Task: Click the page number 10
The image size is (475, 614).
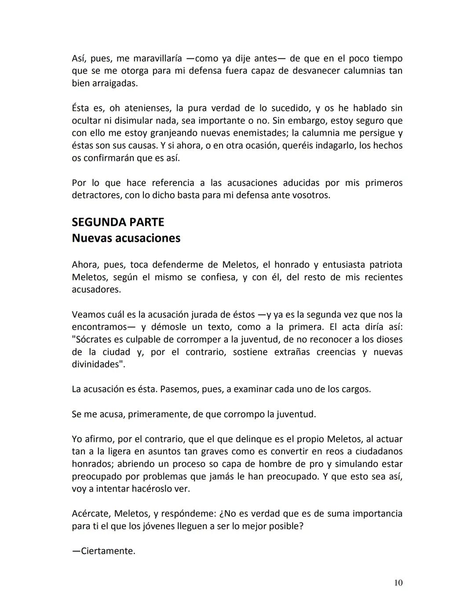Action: click(x=398, y=583)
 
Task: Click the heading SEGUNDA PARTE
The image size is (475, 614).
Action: click(x=118, y=222)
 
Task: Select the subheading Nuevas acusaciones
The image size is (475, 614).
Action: click(x=126, y=238)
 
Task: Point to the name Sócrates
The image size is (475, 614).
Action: click(x=94, y=339)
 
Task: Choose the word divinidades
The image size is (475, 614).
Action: click(x=97, y=364)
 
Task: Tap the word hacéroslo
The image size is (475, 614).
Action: click(x=151, y=488)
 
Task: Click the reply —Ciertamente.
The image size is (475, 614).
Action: click(x=104, y=551)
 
